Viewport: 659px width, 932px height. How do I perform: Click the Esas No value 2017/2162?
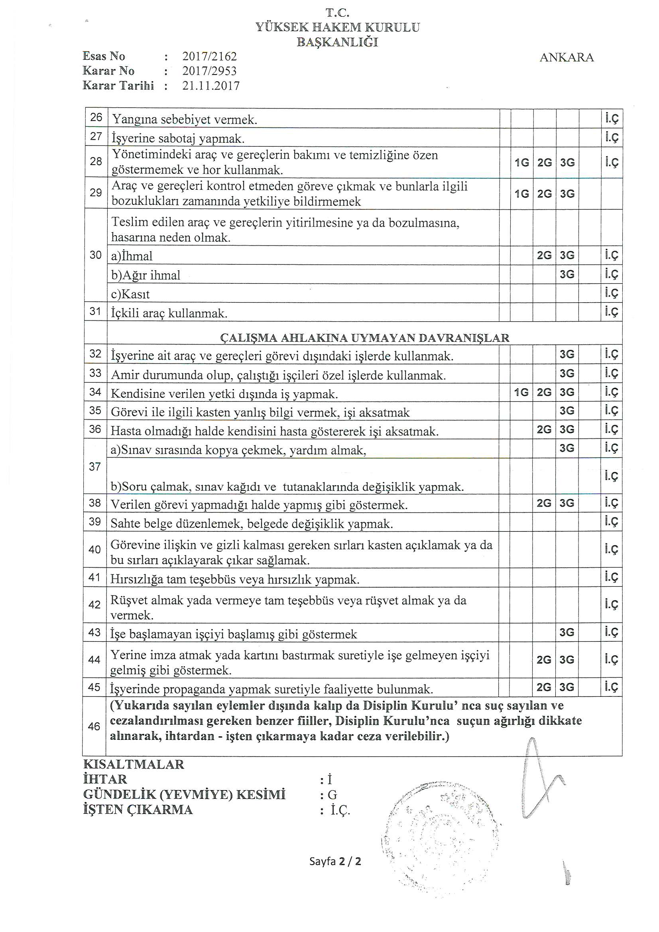coord(209,57)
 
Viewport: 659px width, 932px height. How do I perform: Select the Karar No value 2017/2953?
coord(209,71)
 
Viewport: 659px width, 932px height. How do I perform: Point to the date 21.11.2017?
coord(211,86)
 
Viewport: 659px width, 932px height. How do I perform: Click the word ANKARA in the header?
coord(567,58)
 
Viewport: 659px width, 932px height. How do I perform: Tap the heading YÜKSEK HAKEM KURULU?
coord(337,27)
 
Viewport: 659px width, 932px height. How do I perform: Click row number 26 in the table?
coord(96,118)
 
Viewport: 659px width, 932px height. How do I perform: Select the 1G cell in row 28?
coord(522,163)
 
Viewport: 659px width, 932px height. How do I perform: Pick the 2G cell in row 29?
coord(545,194)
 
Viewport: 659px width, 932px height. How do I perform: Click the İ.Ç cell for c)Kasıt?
coord(612,293)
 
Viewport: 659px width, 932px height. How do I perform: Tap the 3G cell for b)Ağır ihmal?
coord(567,274)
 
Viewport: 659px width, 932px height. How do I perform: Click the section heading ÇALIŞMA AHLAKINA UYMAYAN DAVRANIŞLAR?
coord(364,338)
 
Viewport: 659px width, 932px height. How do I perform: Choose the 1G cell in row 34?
coord(521,392)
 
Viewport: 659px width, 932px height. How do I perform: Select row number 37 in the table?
coord(95,467)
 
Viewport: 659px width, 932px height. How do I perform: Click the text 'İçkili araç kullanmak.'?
coord(169,313)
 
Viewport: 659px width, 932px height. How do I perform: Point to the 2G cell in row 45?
coord(544,687)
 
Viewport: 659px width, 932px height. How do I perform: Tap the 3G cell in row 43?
coord(567,632)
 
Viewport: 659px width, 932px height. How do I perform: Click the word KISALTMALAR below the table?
coord(134,764)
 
